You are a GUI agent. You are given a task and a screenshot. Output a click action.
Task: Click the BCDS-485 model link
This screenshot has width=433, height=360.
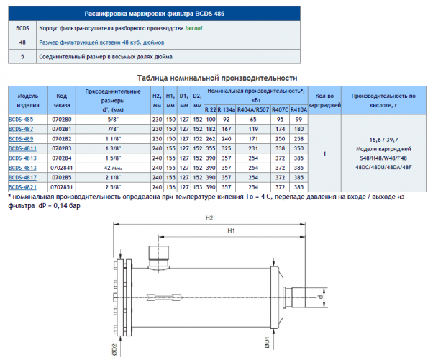point(21,120)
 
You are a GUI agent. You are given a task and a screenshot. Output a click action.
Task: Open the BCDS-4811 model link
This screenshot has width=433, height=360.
point(22,149)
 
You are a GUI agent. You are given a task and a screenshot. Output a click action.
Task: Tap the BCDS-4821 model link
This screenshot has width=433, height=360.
point(22,187)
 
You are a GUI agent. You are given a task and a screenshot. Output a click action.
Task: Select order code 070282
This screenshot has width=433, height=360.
point(62,139)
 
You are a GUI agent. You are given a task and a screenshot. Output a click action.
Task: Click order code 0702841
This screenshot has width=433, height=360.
point(62,168)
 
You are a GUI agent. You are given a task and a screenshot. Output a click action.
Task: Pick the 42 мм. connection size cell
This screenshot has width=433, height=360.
point(113,168)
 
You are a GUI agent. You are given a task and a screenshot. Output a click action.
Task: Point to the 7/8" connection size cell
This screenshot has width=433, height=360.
point(113,129)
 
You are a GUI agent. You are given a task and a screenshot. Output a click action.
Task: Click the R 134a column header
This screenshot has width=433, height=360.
point(226,109)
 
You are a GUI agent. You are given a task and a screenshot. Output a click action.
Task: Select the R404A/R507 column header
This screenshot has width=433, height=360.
point(253,109)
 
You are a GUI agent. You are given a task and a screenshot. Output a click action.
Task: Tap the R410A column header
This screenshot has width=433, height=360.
point(298,109)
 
